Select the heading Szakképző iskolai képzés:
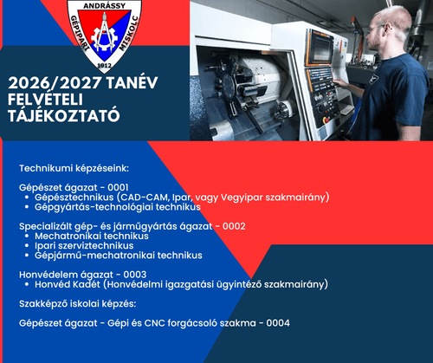(77, 303)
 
